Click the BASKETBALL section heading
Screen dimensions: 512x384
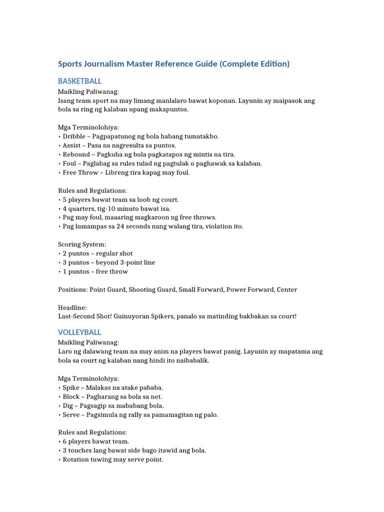point(79,81)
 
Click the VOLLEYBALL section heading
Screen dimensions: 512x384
point(79,332)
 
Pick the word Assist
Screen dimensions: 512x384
point(72,145)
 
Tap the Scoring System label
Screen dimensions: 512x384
point(82,244)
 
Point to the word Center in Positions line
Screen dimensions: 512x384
point(286,289)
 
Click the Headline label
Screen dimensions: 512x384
point(72,307)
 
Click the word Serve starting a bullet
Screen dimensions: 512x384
point(71,414)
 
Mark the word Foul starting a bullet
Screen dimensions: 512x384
point(69,163)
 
